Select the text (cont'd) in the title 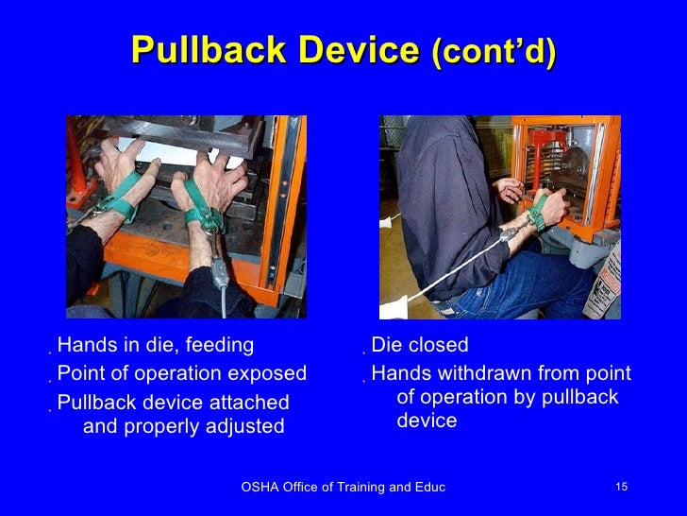pyautogui.click(x=494, y=54)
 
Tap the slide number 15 pyautogui.click(x=620, y=487)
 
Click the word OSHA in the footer pyautogui.click(x=260, y=487)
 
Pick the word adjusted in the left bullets pyautogui.click(x=246, y=426)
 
